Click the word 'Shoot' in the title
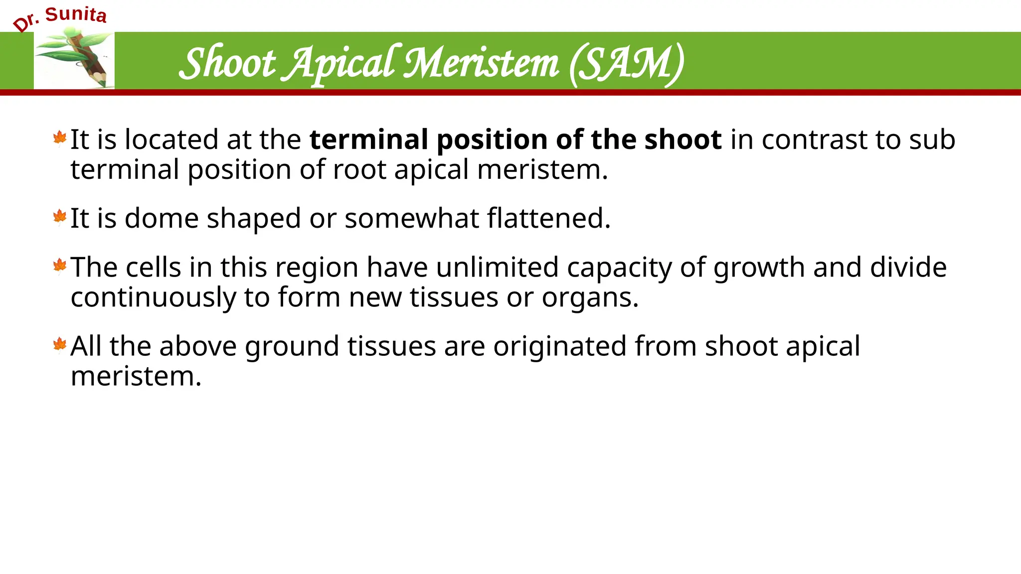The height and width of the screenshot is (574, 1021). pyautogui.click(x=227, y=63)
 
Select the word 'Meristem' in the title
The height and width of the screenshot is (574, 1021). pyautogui.click(x=481, y=63)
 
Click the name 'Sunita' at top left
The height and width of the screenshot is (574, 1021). pyautogui.click(x=76, y=14)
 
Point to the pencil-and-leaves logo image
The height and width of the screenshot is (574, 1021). pyautogui.click(x=74, y=60)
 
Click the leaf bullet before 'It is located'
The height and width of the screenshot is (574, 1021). pyautogui.click(x=60, y=139)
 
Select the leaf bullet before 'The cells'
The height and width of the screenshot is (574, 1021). pyautogui.click(x=60, y=266)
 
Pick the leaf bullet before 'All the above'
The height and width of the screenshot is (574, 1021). pyautogui.click(x=60, y=345)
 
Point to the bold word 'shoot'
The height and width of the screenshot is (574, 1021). pyautogui.click(x=682, y=139)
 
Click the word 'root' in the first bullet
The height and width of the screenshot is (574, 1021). pyautogui.click(x=359, y=169)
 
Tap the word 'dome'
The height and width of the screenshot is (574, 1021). pyautogui.click(x=161, y=218)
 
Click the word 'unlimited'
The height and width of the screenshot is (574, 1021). pyautogui.click(x=497, y=267)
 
